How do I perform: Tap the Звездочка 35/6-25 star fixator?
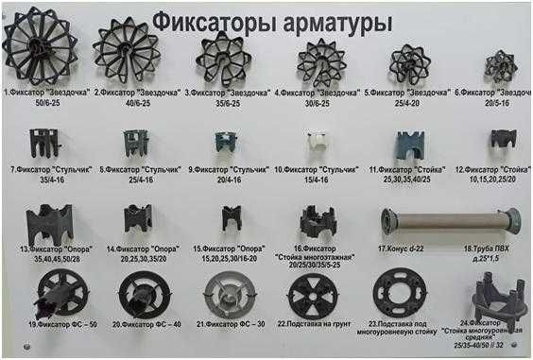[x=223, y=58]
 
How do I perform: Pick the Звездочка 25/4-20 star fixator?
[x=410, y=63]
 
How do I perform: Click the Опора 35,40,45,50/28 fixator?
[x=48, y=224]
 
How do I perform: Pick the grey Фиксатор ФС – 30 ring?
[x=227, y=294]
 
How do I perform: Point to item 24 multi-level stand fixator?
[x=491, y=294]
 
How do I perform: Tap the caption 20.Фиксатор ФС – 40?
[x=147, y=324]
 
